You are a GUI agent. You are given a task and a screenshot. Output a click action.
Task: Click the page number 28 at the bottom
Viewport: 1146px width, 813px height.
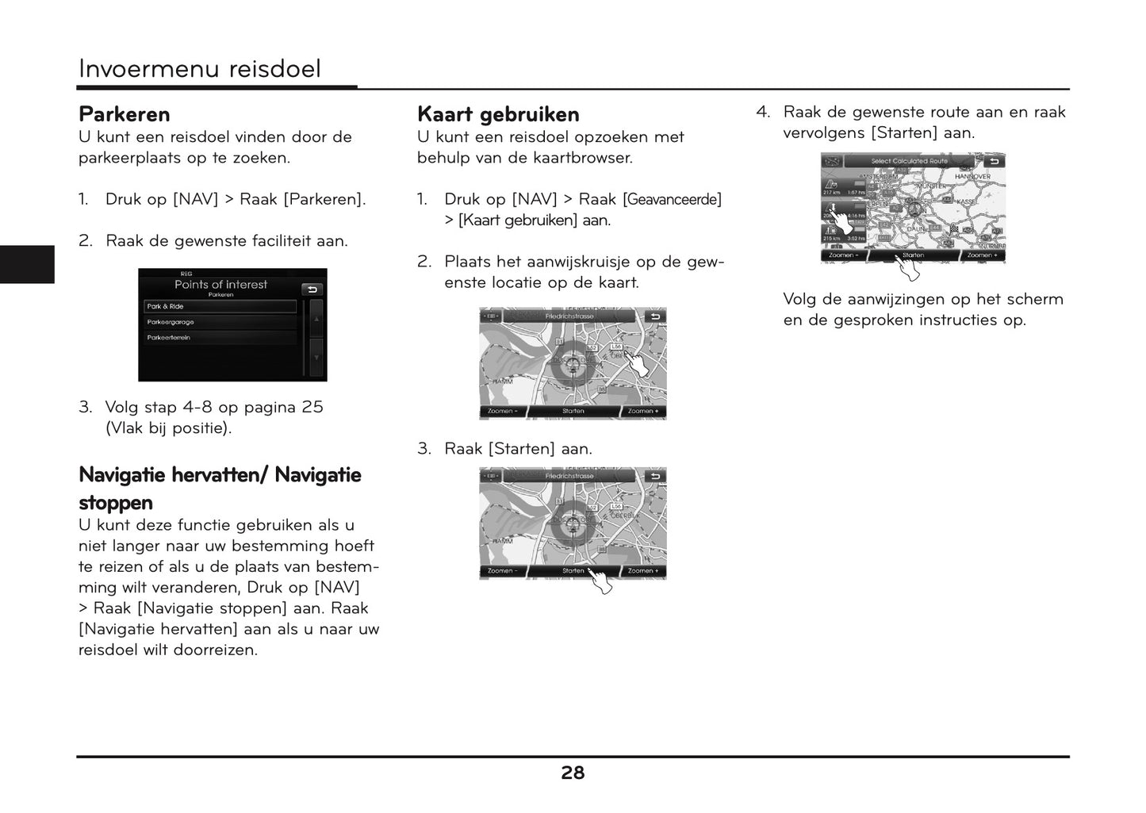pyautogui.click(x=573, y=773)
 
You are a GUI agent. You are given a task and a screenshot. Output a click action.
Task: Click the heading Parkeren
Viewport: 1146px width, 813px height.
pyautogui.click(x=125, y=114)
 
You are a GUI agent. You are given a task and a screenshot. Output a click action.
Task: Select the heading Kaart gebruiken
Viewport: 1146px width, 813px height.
pyautogui.click(x=498, y=114)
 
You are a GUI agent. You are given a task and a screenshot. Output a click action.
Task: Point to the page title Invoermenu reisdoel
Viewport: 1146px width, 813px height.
pyautogui.click(x=200, y=69)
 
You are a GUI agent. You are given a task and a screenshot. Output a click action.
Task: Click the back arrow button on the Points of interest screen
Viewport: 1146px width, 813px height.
pyautogui.click(x=312, y=290)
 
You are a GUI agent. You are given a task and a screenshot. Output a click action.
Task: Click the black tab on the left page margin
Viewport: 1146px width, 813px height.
pyautogui.click(x=27, y=264)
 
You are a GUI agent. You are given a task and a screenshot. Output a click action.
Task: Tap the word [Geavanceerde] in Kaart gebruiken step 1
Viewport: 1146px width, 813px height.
pyautogui.click(x=673, y=199)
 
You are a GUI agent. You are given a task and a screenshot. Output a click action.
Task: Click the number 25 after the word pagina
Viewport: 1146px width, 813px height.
pyautogui.click(x=312, y=407)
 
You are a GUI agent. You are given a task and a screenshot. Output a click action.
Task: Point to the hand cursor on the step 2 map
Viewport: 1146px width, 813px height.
pyautogui.click(x=644, y=365)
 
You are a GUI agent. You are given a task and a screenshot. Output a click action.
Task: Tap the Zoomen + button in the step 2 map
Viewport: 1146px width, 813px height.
pyautogui.click(x=642, y=411)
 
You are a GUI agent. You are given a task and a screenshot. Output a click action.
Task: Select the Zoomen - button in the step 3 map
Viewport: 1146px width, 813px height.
pyautogui.click(x=502, y=570)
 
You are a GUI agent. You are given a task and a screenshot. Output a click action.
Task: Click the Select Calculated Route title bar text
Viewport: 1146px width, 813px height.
pyautogui.click(x=909, y=161)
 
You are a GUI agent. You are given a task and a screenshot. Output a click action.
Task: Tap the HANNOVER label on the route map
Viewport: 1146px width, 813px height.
pyautogui.click(x=972, y=177)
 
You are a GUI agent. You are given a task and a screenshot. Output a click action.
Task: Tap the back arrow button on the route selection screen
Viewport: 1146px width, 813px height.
pyautogui.click(x=994, y=161)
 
